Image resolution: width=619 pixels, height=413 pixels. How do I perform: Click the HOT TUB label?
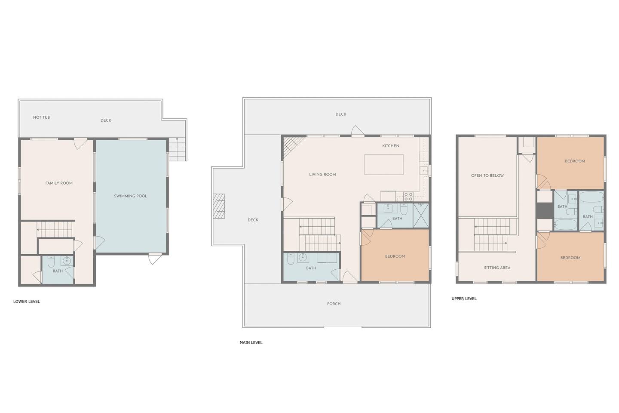(41, 117)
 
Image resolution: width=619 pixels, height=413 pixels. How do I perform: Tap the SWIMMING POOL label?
(130, 196)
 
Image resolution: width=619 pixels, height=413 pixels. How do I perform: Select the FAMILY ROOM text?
(59, 183)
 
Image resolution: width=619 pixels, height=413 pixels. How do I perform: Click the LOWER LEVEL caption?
(27, 302)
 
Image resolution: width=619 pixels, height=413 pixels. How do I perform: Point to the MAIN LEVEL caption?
(251, 342)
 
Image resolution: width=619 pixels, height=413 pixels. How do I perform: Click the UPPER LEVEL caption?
(464, 299)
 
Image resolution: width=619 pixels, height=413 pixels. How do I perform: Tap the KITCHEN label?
(390, 146)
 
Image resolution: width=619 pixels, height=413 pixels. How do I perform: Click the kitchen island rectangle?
(384, 165)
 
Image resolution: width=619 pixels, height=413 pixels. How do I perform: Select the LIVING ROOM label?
(322, 175)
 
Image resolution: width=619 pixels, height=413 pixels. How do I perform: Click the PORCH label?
(334, 304)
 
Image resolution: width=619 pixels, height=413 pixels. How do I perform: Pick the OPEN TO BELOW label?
(487, 176)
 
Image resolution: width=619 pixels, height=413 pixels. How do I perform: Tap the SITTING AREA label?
(497, 268)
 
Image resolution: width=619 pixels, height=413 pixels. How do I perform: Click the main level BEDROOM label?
(395, 256)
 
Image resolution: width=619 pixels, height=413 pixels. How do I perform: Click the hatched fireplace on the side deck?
(218, 206)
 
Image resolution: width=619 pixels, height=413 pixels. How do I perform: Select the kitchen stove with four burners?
(408, 197)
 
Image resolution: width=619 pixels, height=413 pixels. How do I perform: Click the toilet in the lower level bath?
(51, 262)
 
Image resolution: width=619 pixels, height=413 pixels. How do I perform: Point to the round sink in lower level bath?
(67, 261)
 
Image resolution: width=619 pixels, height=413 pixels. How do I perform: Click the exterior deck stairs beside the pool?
(177, 149)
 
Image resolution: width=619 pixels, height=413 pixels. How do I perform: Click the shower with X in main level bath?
(421, 216)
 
